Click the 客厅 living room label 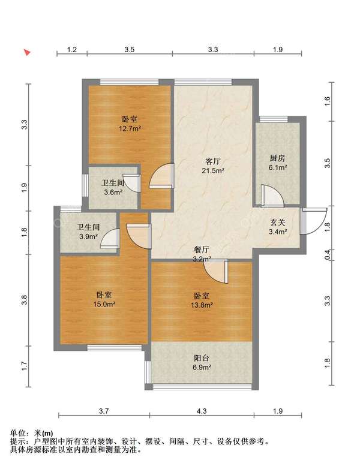pos(213,161)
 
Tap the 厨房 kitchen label pos(277,158)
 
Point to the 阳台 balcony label pos(202,358)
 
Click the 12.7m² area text pos(130,129)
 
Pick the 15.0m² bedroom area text pos(104,305)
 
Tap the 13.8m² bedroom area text pos(202,305)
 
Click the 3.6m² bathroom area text pos(113,193)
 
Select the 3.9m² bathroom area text pos(89,236)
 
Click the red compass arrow pos(27,52)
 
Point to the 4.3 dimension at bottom pos(202,411)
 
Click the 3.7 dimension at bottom pos(104,411)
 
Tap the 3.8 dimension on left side pos(25,300)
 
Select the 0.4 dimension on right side pos(328,255)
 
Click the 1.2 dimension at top pos(71,49)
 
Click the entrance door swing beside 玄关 pos(314,221)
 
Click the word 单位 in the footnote pos(18,433)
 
